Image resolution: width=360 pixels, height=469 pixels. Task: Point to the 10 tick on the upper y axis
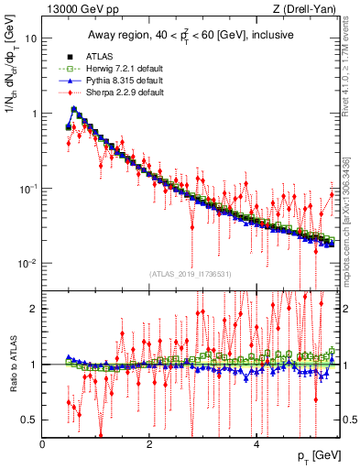click(30, 39)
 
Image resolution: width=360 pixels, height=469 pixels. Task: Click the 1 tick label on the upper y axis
click(33, 114)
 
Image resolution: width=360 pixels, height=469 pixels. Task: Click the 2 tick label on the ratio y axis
click(33, 309)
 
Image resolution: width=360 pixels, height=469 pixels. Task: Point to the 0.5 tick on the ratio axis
click(29, 420)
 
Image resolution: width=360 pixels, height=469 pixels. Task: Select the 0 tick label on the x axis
click(43, 443)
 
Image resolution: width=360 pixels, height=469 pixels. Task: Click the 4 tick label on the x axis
click(256, 443)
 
